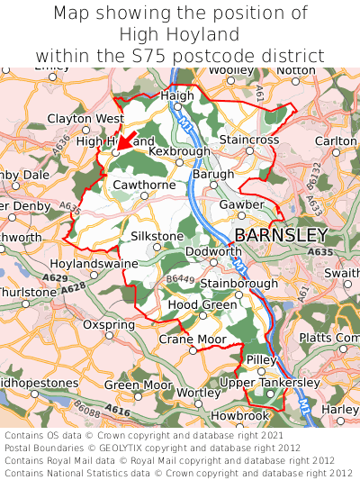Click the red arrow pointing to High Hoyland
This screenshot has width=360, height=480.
point(127,143)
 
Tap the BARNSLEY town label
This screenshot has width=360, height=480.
point(281,235)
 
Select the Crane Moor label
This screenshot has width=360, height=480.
point(193,339)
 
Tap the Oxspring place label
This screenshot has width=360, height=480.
point(108,324)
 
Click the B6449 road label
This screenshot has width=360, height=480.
point(180,280)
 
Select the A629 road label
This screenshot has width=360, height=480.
point(54,278)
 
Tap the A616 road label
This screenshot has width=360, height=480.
point(117,410)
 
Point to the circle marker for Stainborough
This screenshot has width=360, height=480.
point(238,294)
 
